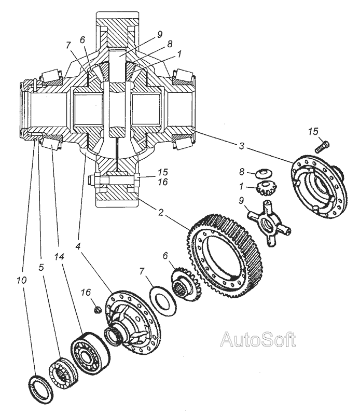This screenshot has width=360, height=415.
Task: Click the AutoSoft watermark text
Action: (258, 340)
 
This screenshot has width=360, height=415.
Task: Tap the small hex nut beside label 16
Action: (96, 310)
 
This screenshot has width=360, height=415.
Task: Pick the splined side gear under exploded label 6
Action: (185, 286)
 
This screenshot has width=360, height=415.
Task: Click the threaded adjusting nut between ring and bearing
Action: (61, 372)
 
